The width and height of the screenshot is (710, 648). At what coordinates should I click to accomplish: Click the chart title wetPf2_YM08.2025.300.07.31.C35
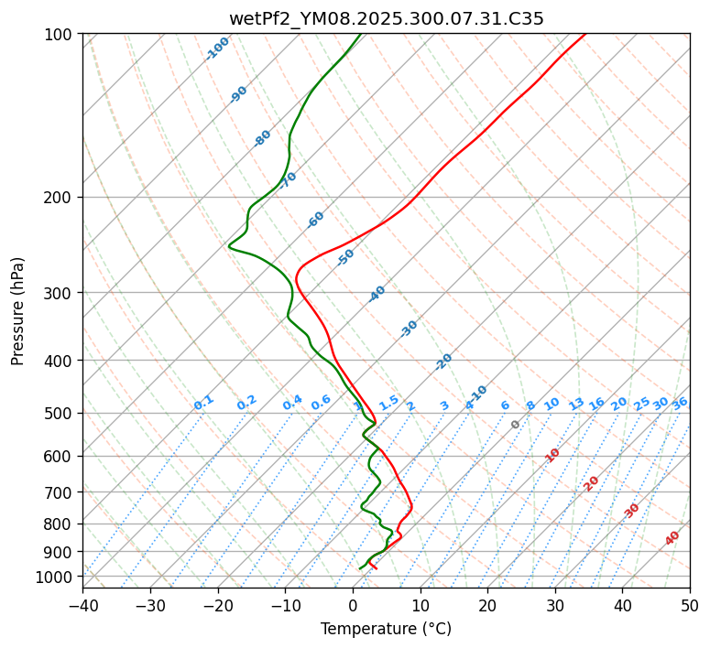point(386,17)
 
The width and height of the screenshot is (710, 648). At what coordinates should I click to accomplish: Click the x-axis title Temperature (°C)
point(386,630)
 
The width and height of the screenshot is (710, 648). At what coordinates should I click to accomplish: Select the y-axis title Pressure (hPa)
point(18,311)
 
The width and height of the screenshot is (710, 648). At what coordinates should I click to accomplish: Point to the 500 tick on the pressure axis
point(60,414)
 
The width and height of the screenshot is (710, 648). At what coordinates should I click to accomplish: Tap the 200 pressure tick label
point(60,198)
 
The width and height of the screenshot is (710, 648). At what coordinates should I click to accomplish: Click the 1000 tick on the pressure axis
point(57,577)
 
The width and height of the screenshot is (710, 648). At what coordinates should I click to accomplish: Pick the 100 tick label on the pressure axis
point(60,35)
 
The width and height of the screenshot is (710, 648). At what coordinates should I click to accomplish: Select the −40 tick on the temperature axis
point(82,605)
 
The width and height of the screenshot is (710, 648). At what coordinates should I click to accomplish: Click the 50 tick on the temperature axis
point(690,605)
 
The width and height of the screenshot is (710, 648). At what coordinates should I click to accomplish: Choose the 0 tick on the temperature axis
point(353,605)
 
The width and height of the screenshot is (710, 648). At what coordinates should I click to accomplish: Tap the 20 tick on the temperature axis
point(487,605)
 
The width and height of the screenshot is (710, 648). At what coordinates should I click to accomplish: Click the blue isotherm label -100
point(217,49)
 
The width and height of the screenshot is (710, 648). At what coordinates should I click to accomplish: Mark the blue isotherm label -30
point(409,329)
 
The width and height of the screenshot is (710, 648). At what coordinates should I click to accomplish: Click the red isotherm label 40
point(672,538)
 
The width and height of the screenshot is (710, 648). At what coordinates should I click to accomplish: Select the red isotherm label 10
point(552,455)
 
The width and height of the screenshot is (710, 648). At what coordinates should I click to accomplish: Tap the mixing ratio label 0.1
point(203,403)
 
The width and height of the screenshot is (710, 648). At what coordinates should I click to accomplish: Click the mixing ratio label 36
point(680,403)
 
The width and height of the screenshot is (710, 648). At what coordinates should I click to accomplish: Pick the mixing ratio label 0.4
point(292,403)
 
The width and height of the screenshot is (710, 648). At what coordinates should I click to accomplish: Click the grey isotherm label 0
point(516,425)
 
